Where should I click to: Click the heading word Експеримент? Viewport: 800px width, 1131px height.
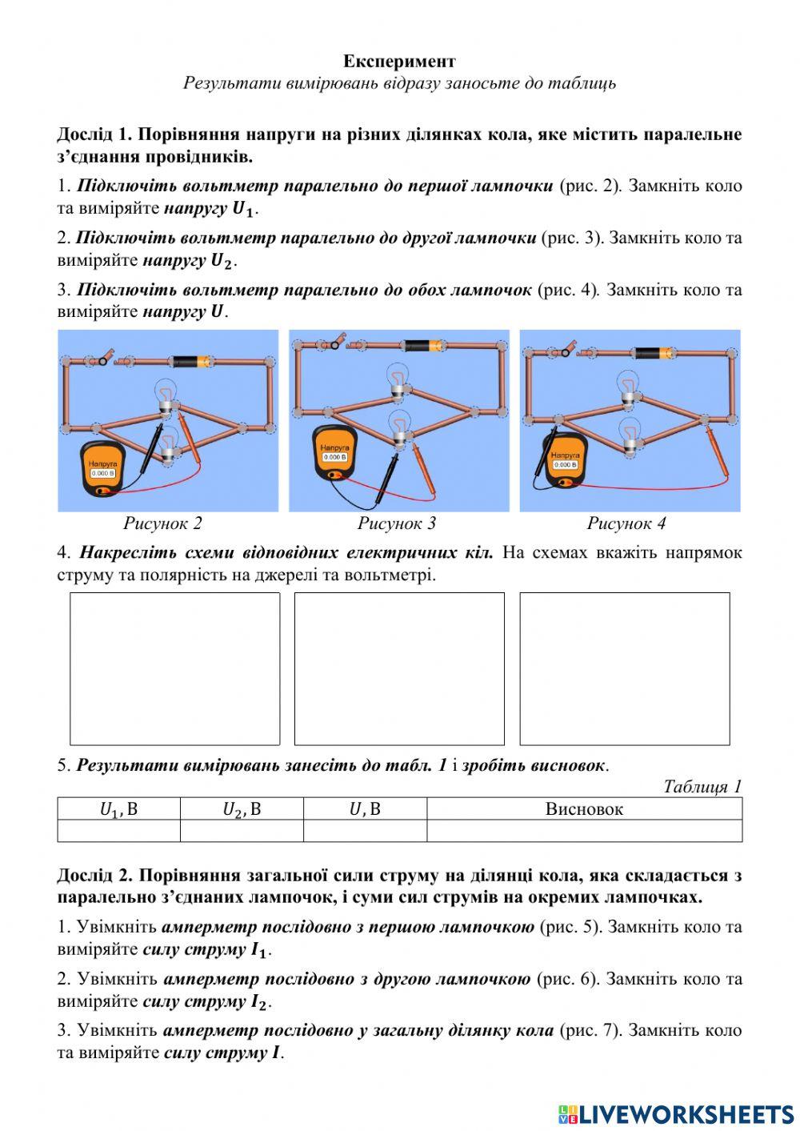pyautogui.click(x=399, y=62)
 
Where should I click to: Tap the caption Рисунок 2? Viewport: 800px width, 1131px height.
pyautogui.click(x=162, y=523)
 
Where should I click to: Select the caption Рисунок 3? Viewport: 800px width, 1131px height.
pyautogui.click(x=396, y=523)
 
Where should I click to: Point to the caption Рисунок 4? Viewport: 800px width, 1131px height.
pyautogui.click(x=626, y=523)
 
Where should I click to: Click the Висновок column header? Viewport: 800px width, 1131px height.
pyautogui.click(x=584, y=808)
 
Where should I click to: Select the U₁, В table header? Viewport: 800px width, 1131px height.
pyautogui.click(x=118, y=808)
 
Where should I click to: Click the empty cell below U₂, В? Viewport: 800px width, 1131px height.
pyautogui.click(x=242, y=831)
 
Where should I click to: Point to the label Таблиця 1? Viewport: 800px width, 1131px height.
pyautogui.click(x=702, y=786)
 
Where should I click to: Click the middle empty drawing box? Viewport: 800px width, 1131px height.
pyautogui.click(x=399, y=668)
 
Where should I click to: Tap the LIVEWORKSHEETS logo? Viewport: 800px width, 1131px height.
pyautogui.click(x=676, y=1113)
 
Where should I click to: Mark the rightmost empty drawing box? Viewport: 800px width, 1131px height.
pyautogui.click(x=625, y=668)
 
